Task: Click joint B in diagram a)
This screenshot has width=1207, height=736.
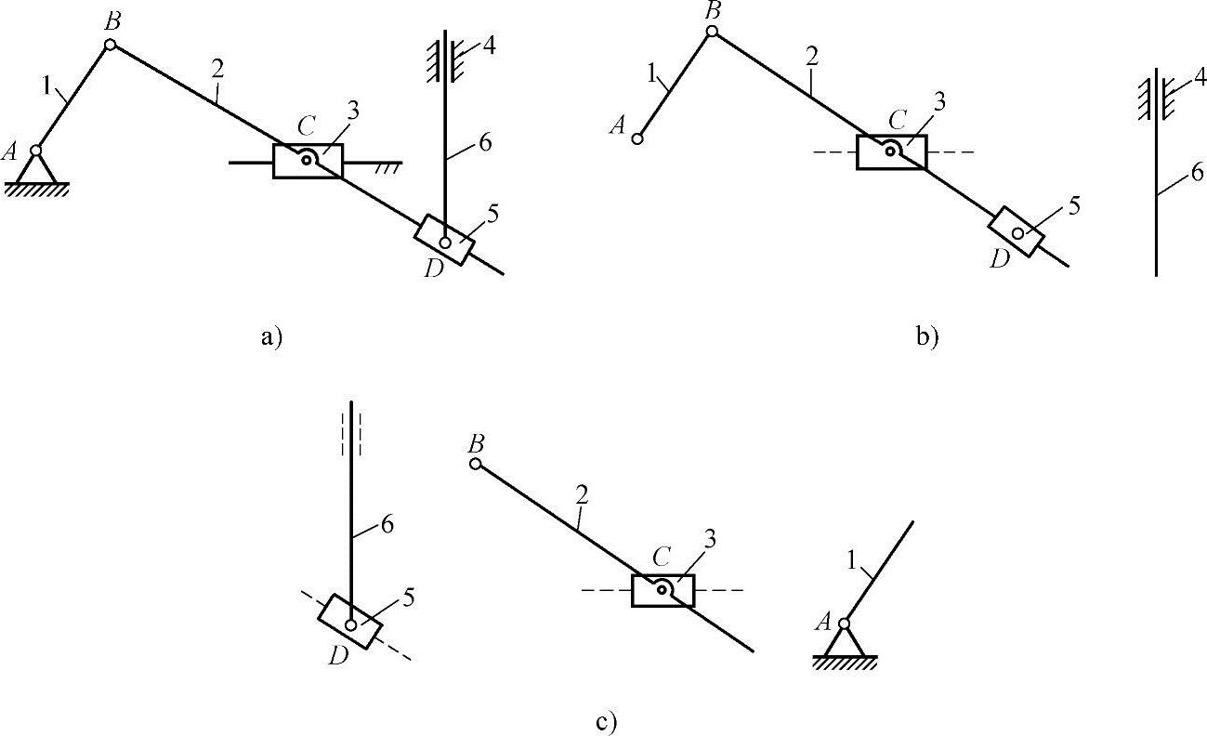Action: pos(110,44)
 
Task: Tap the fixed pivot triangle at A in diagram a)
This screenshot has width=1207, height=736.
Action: pos(36,169)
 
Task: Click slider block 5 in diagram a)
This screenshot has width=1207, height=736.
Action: pos(445,240)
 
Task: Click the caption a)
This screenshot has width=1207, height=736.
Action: pos(270,337)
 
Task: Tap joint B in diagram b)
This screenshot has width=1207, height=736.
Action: pos(712,32)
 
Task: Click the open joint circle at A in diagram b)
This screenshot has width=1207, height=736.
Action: pos(637,138)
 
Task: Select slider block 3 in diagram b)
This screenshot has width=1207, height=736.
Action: pos(891,151)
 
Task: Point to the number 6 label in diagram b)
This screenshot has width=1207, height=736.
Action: pos(1197,171)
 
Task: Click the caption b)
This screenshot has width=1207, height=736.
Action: pos(927,337)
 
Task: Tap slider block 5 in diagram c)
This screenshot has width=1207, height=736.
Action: pos(350,622)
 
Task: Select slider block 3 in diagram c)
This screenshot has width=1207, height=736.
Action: pos(663,590)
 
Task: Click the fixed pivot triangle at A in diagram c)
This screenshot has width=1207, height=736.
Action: pos(844,641)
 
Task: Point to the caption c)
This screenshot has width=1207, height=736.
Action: pos(606,720)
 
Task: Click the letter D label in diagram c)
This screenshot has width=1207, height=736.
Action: pos(337,656)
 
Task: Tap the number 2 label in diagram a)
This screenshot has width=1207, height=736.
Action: pos(217,68)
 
